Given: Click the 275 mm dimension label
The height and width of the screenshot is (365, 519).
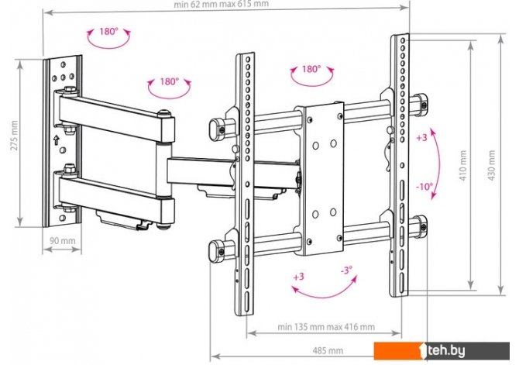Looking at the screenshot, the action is coord(14,136).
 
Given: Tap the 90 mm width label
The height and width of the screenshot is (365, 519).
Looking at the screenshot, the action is coord(63,240).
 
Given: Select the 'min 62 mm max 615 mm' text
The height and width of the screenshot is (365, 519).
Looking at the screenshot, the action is coord(221,5).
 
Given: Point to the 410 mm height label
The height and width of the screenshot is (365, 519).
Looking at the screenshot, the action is coord(463,165).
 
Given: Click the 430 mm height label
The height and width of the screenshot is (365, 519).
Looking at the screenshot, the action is coord(492,165).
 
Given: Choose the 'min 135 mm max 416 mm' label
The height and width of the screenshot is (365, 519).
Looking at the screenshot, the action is coord(326,327).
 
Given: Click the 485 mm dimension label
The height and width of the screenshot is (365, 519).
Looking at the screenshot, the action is coord(328,350).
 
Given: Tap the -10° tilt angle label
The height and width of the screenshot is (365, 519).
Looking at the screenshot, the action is coord(424,187).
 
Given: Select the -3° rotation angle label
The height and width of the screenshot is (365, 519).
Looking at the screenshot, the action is coord(346,270).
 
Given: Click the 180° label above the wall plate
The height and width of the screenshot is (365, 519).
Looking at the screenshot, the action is coord(108,32).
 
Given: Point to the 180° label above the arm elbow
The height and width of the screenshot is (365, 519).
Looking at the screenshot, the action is coord(169,81).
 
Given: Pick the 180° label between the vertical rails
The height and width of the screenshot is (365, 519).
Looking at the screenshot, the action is coord(311,69).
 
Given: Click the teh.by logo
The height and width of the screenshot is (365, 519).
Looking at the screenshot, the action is coord(442,351).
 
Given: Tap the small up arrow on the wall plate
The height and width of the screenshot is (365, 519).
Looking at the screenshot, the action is coord(57,139).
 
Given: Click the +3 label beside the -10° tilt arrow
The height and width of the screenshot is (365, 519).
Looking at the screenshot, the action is coord(421,137).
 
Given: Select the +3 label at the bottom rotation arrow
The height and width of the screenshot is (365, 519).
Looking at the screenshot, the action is coord(298,276).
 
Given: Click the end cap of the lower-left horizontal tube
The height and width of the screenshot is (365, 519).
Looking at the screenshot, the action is coord(216,250).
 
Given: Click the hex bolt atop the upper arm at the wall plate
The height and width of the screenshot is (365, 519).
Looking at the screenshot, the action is coord(70,89).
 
